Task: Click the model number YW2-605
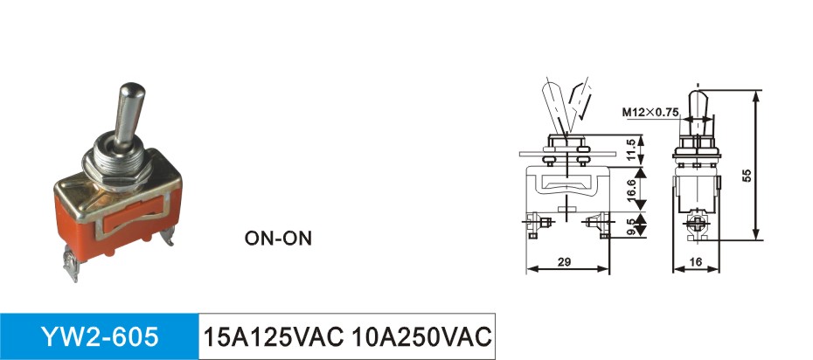[100, 337]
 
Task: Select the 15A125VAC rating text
[274, 337]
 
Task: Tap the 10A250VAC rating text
[420, 337]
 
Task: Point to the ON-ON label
[279, 239]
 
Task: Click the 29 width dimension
[565, 262]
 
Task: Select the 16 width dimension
[697, 262]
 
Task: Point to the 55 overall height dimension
[747, 175]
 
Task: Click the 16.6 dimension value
[630, 189]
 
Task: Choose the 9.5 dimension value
[630, 225]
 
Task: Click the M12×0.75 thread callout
[650, 112]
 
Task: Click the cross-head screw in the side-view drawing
[697, 223]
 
